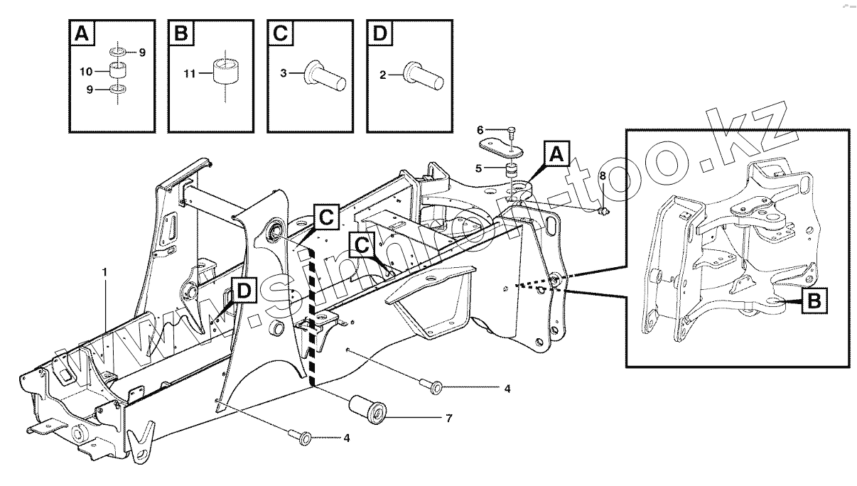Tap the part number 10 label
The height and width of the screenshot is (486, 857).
[x=85, y=72]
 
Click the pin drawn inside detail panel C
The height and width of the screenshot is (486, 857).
[x=325, y=75]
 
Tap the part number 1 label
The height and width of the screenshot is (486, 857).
[x=105, y=273]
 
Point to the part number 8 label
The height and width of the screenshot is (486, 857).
[x=603, y=175]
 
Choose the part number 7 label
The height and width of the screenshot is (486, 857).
[x=448, y=418]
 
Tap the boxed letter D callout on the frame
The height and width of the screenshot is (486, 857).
[x=243, y=291]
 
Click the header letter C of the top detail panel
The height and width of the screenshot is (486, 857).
[x=280, y=34]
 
